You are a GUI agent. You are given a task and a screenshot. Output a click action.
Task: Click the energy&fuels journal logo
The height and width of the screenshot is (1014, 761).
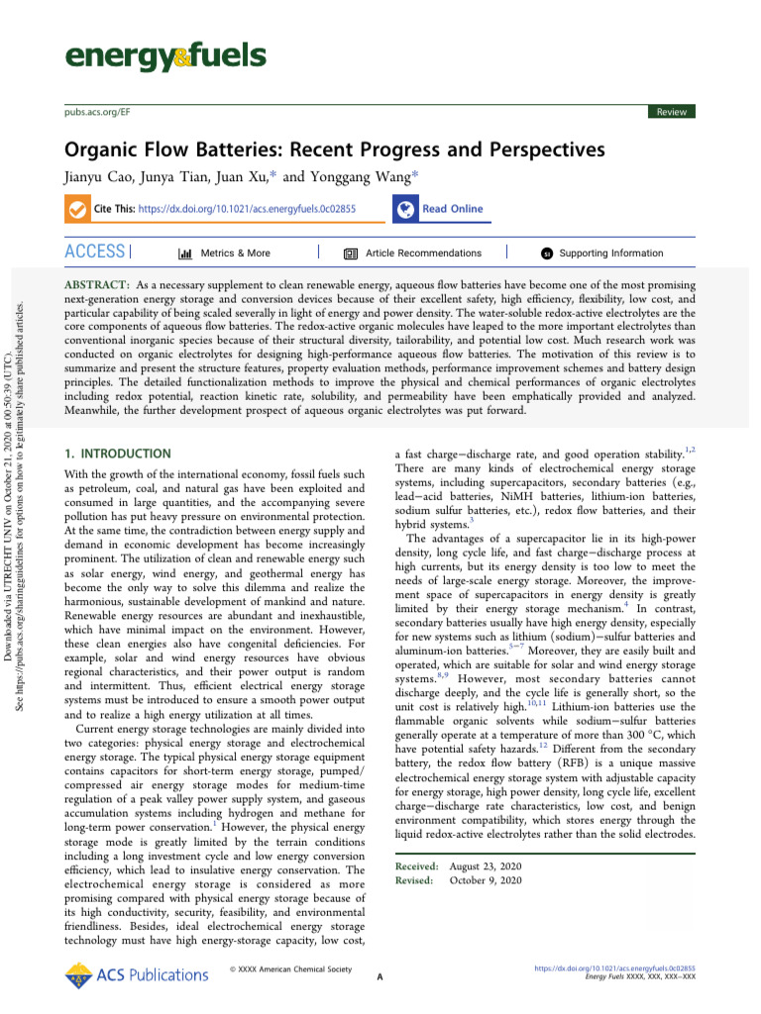164,56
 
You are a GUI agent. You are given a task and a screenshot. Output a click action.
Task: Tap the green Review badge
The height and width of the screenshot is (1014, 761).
671,112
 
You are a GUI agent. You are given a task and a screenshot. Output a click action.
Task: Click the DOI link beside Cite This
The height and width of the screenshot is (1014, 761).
247,210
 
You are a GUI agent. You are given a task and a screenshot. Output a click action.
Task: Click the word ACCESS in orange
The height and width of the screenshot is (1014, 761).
95,253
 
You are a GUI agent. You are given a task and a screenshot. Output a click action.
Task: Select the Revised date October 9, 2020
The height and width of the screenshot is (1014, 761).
486,879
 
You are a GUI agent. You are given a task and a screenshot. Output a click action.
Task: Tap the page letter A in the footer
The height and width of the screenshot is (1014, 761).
380,978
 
